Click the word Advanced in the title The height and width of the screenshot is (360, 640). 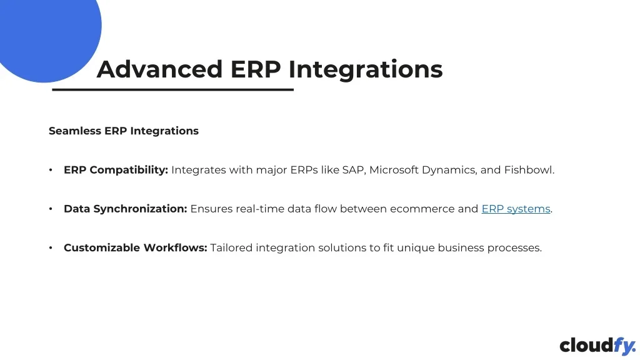[x=159, y=69]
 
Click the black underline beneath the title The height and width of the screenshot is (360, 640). [x=172, y=89]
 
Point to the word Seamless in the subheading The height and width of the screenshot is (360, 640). [x=75, y=131]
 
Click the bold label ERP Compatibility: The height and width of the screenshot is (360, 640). [x=116, y=170]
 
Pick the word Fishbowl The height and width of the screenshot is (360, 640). [x=529, y=170]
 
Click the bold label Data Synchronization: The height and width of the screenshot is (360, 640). [x=125, y=209]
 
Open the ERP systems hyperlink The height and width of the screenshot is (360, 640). [x=516, y=209]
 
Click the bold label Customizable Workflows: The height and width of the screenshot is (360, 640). [x=136, y=247]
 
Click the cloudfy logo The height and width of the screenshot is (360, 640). [x=597, y=346]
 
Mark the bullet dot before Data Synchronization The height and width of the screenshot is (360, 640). [x=51, y=209]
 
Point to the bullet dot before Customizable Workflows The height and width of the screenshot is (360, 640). [x=51, y=247]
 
